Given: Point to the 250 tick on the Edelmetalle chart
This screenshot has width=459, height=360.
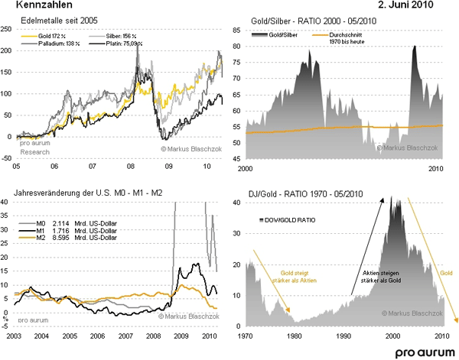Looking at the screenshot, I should point(7,28).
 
